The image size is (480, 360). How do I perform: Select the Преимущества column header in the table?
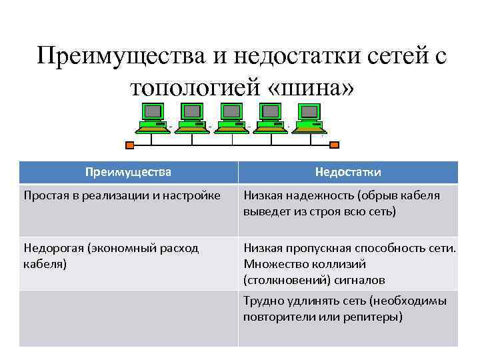coord(128,172)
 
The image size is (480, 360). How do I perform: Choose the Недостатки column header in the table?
coord(348,172)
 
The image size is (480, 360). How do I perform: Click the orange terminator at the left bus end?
coord(130,144)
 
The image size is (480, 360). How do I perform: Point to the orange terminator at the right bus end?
coord(335,144)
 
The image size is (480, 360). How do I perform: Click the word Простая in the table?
coord(47,196)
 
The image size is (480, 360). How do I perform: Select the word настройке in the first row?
coord(192,196)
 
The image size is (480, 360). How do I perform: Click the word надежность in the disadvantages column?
coord(319,196)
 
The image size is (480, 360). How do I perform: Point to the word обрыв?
coord(377,196)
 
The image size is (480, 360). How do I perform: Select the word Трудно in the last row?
coord(263,301)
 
